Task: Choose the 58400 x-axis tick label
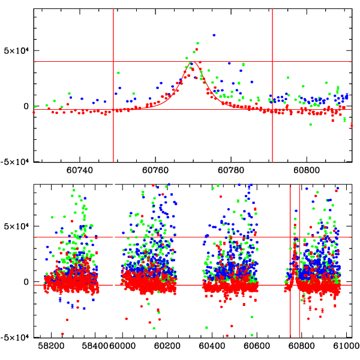click(96, 346)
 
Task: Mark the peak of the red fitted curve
click(194, 62)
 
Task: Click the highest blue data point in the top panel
click(214, 35)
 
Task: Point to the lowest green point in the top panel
click(311, 124)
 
